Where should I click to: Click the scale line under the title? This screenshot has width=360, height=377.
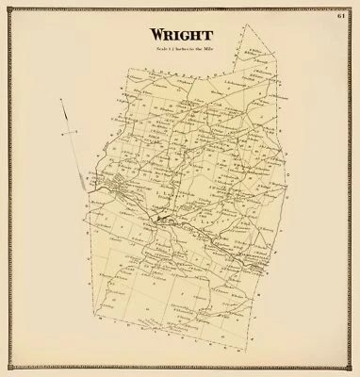click(181, 49)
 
